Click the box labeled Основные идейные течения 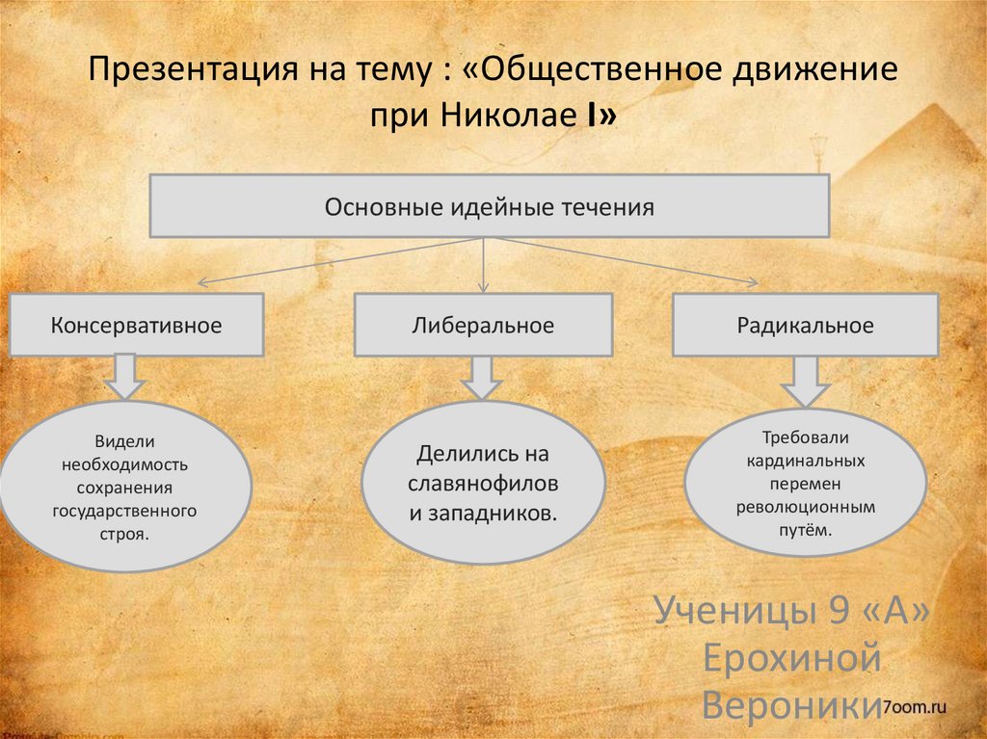tap(489, 206)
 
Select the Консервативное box tap(136, 326)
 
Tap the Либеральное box tap(483, 326)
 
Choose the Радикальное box tap(805, 326)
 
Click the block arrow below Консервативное tap(125, 377)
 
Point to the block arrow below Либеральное tap(482, 377)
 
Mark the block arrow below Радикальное tap(805, 382)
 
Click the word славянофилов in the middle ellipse tap(483, 483)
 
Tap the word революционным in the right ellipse tap(805, 505)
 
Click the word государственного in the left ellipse tap(125, 510)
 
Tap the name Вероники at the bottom tap(790, 705)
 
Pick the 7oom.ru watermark tap(915, 707)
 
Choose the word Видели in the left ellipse tap(125, 441)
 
